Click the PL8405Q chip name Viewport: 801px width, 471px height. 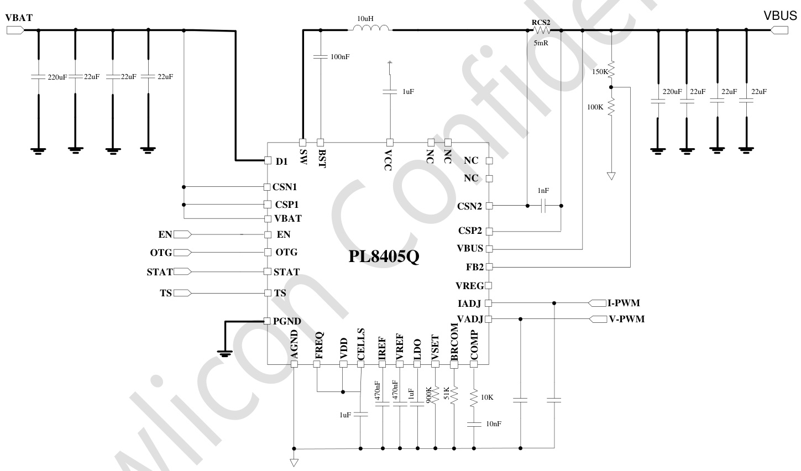pos(384,258)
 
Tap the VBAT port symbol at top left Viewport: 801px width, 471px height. pos(15,31)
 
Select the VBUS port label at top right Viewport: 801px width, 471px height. pos(780,16)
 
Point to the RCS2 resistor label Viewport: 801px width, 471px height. pos(541,22)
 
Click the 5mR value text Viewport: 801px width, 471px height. pos(541,43)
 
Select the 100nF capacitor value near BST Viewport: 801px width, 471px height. pos(340,56)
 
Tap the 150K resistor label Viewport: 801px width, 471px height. pos(600,72)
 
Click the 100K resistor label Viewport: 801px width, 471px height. pos(595,107)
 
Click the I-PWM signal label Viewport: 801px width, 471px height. pos(624,303)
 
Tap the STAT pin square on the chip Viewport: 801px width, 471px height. pos(268,271)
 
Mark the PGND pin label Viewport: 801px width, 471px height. pos(287,321)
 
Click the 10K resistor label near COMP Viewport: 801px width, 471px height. pos(487,397)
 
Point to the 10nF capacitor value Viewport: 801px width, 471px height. pos(494,423)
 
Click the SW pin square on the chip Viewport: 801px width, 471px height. pos(303,142)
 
